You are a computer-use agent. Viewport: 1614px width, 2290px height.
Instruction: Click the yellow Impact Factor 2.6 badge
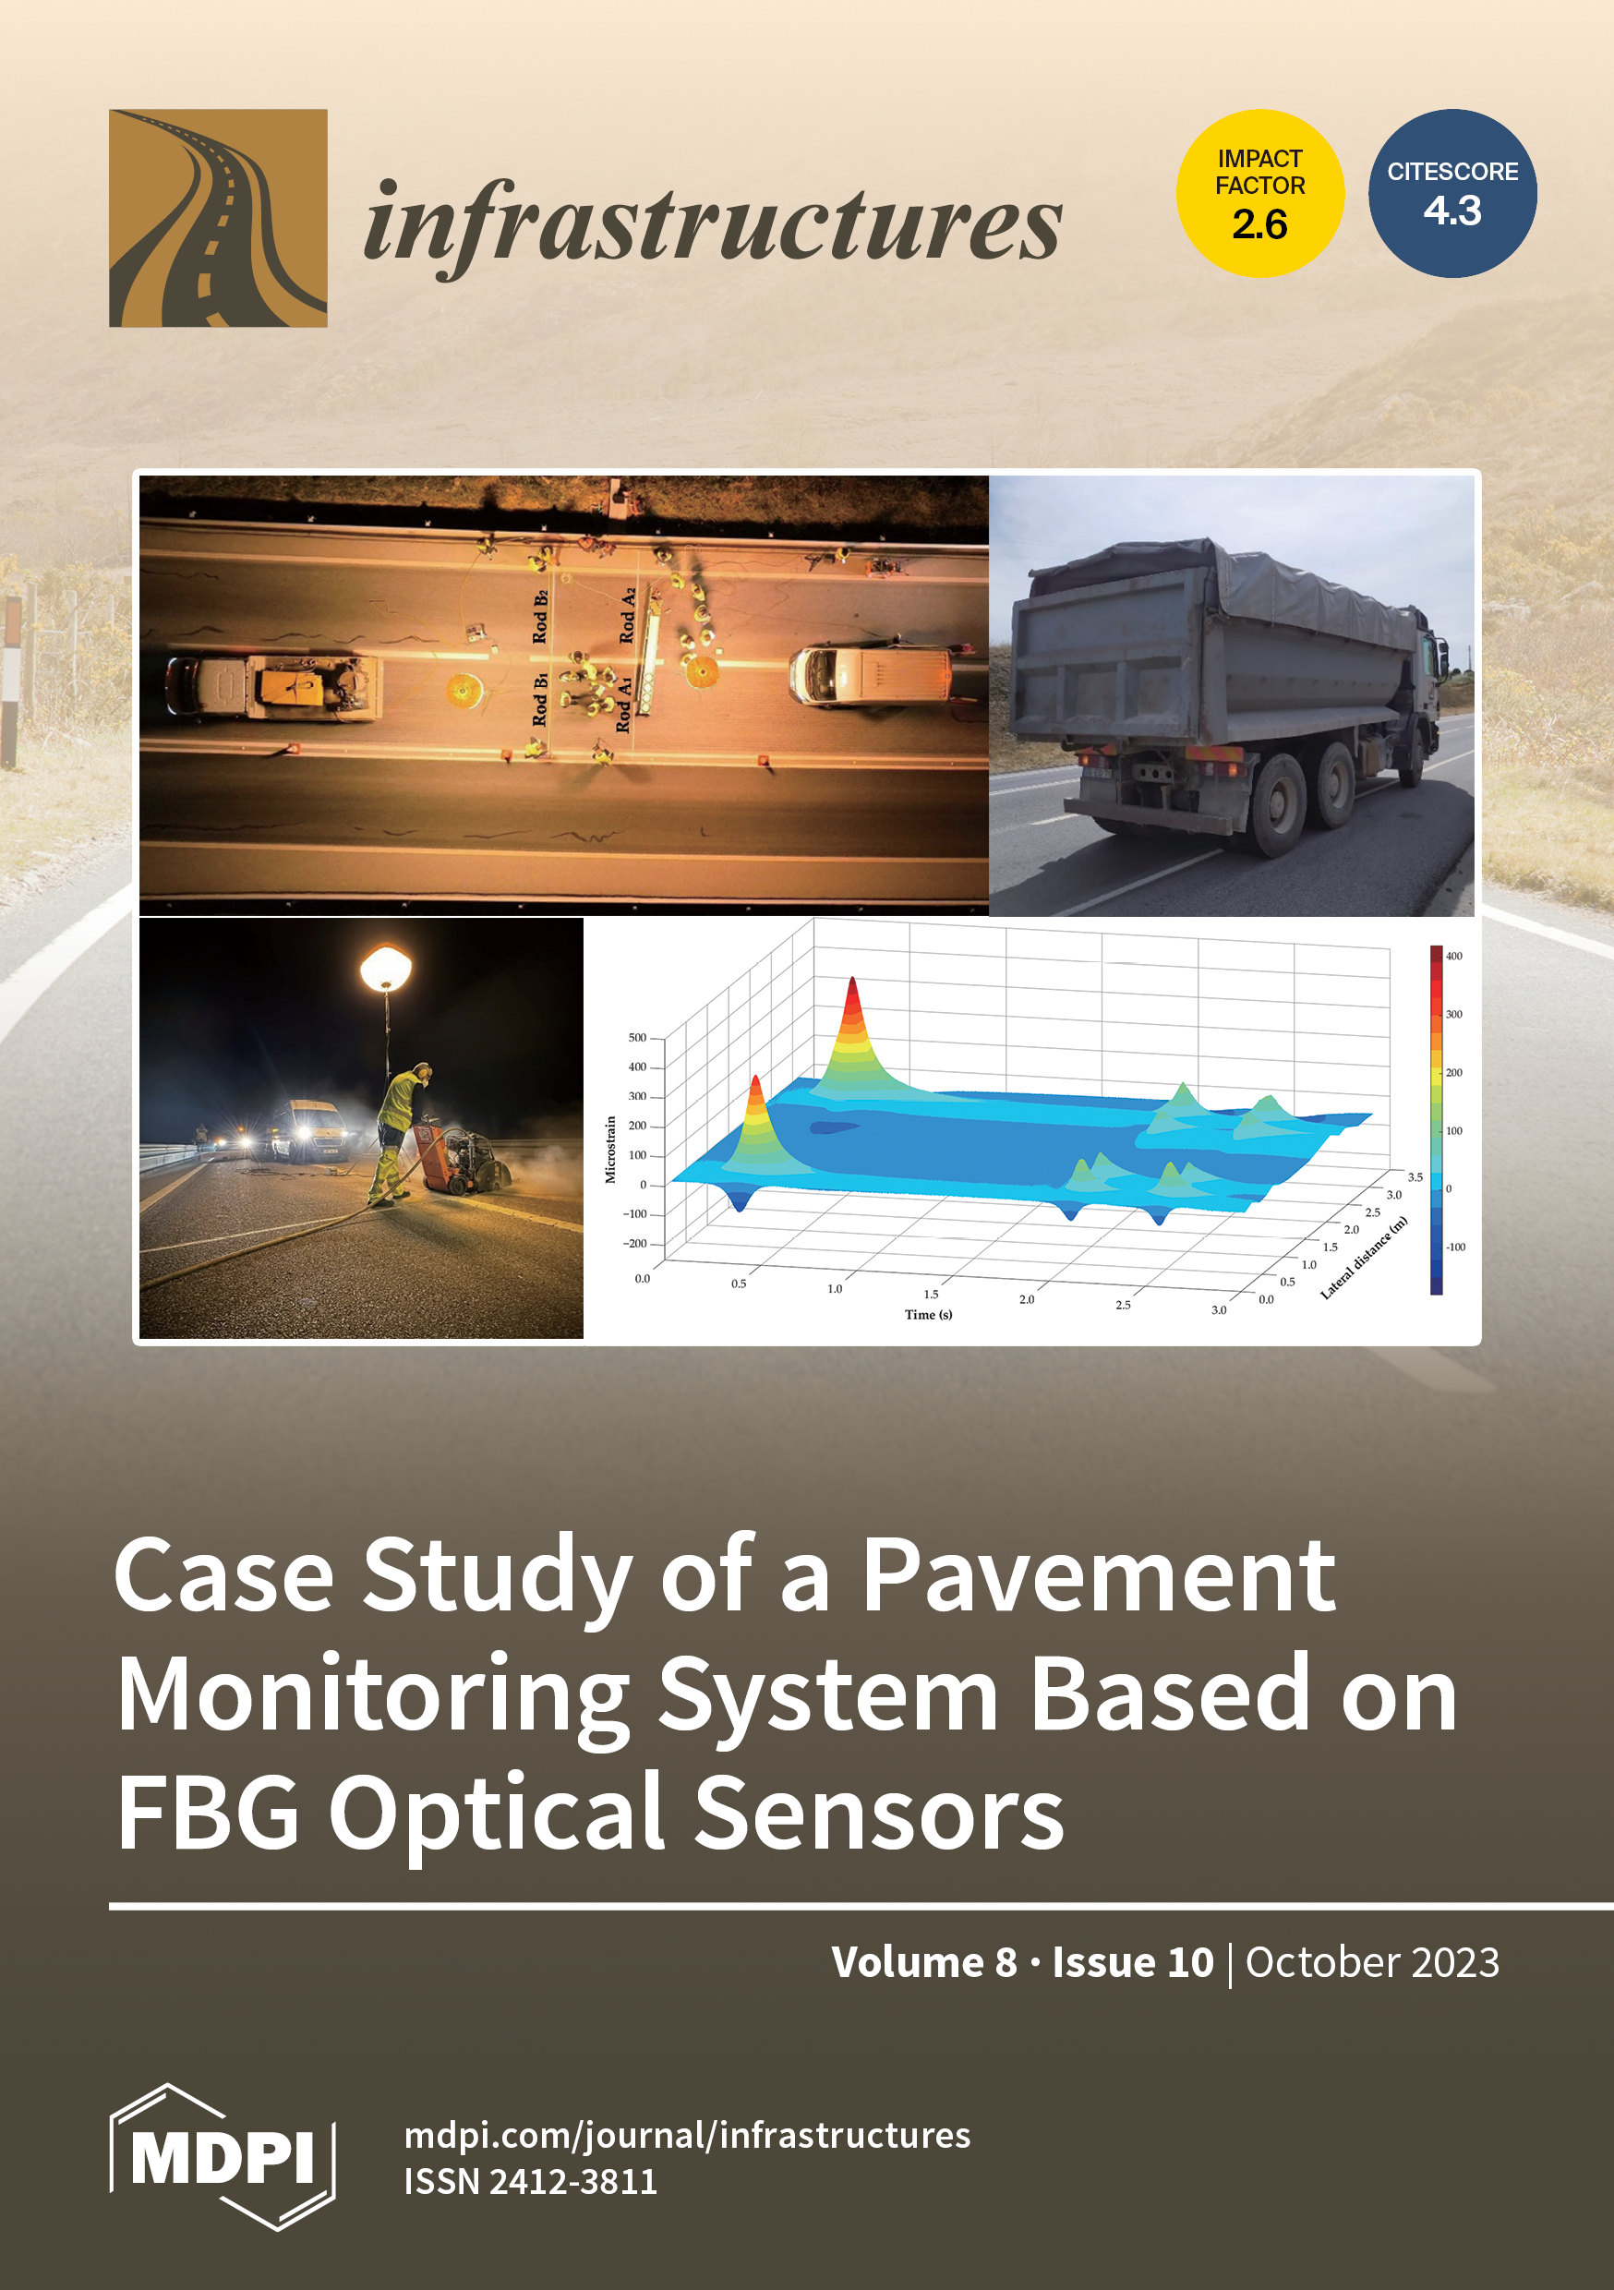(x=1259, y=194)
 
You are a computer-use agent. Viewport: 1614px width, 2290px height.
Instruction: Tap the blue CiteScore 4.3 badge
(x=1452, y=194)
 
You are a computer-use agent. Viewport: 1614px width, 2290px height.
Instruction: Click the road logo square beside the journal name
(x=219, y=219)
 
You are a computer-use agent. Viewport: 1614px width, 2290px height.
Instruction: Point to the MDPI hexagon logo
(x=223, y=2157)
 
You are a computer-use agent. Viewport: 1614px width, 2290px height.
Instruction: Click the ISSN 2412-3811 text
(x=531, y=2181)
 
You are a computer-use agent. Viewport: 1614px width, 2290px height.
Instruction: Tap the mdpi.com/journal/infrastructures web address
(x=687, y=2136)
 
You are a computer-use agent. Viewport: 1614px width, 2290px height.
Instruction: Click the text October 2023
(x=1371, y=1962)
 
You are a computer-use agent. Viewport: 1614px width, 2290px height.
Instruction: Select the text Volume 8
(x=923, y=1962)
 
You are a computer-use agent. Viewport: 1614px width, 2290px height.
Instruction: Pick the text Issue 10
(x=1133, y=1962)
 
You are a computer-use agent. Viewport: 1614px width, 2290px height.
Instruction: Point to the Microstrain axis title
(x=610, y=1149)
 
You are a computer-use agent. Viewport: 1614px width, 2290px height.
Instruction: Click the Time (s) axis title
(x=928, y=1315)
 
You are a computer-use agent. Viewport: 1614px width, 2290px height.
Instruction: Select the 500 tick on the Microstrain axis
(x=636, y=1037)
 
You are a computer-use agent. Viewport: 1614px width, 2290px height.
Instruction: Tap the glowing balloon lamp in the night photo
(x=385, y=968)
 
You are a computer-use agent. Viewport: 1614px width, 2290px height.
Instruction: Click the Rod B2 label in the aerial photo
(x=539, y=617)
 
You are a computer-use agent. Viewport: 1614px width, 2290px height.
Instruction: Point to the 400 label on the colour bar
(x=1454, y=956)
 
